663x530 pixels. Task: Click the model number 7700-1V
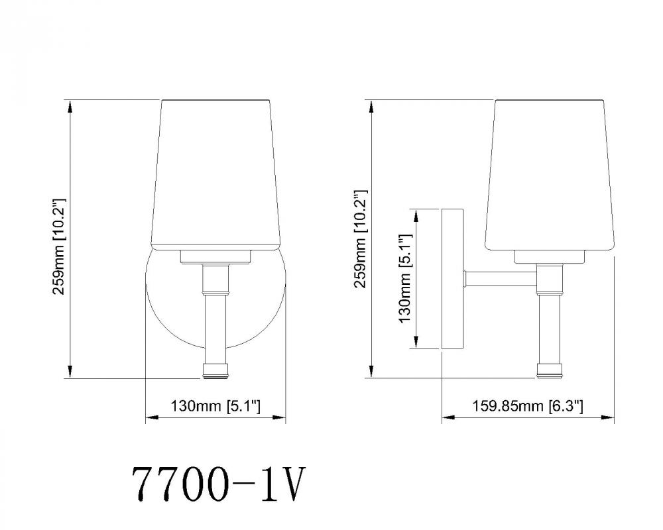[x=219, y=484]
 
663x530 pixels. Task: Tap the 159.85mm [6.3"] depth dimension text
[x=528, y=406]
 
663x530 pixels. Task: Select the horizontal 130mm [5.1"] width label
[x=215, y=406]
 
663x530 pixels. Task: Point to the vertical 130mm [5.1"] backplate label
[x=404, y=279]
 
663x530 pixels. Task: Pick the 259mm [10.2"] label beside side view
[x=359, y=238]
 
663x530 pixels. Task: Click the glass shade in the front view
[x=216, y=174]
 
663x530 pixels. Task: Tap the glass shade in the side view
[x=550, y=174]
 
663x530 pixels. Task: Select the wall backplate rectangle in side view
[x=453, y=279]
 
